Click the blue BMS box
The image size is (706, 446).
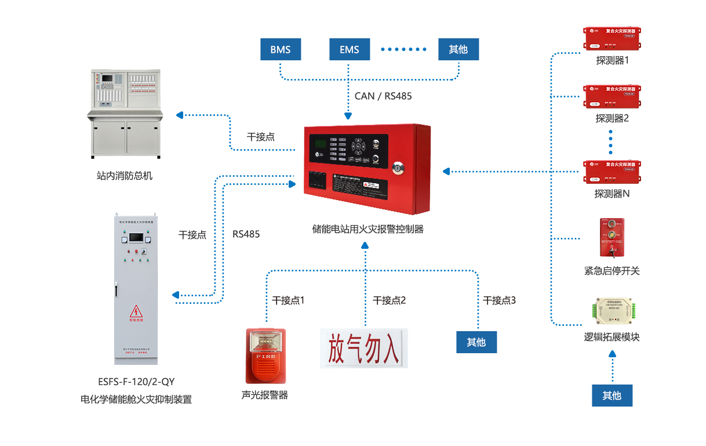(x=280, y=49)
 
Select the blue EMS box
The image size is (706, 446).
(x=350, y=49)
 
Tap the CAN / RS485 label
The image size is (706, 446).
(x=383, y=96)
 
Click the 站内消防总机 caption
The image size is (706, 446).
(x=125, y=175)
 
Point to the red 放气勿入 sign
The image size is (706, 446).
(x=363, y=348)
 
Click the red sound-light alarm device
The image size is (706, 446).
(x=265, y=356)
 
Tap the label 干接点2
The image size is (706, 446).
(x=390, y=300)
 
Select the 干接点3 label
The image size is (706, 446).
(x=500, y=300)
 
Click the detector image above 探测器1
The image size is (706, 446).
(x=612, y=38)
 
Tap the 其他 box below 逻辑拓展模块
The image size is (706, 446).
(x=612, y=396)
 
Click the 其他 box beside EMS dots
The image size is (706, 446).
(x=458, y=49)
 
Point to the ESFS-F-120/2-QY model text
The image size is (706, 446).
(x=136, y=382)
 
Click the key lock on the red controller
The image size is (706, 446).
(x=398, y=168)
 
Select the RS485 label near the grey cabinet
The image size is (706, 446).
(x=246, y=234)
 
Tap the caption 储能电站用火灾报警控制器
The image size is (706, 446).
(x=368, y=229)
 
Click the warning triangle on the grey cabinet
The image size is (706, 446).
(x=136, y=311)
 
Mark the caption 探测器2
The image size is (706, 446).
(x=612, y=118)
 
